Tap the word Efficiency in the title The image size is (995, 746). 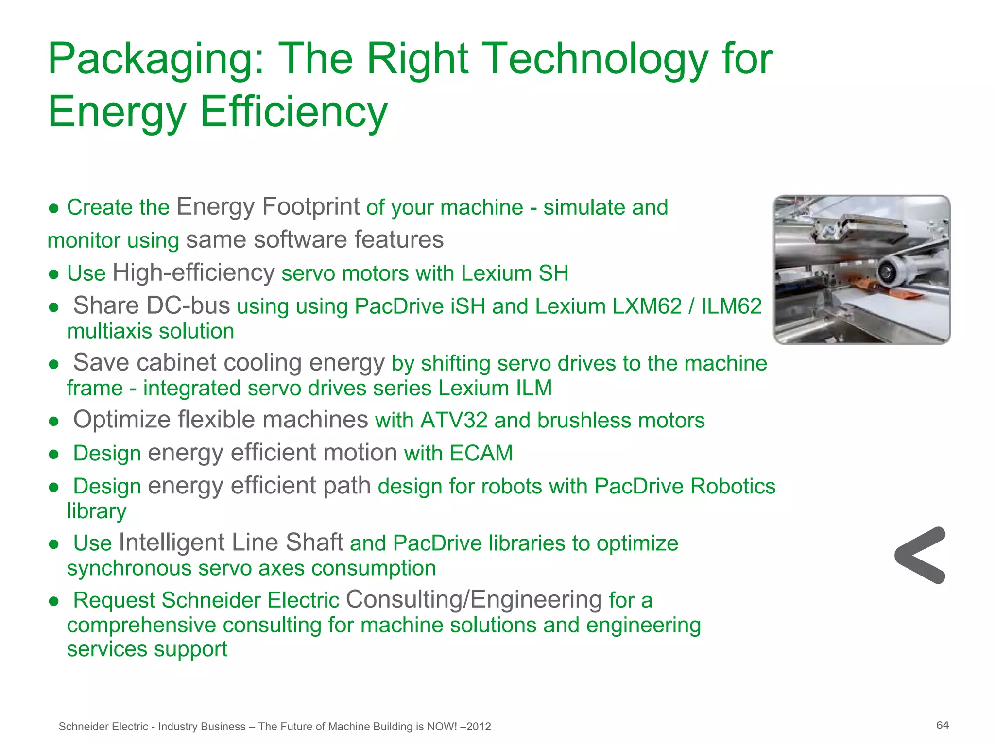click(293, 112)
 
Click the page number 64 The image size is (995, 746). click(943, 725)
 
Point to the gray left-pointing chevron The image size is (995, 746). click(919, 555)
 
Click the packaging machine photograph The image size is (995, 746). click(862, 270)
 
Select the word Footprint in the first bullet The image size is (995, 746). click(310, 207)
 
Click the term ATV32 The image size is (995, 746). click(454, 421)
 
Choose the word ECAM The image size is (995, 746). click(481, 453)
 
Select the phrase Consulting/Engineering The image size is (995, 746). click(474, 599)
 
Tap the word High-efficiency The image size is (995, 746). click(193, 273)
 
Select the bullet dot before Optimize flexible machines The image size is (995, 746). click(54, 421)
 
